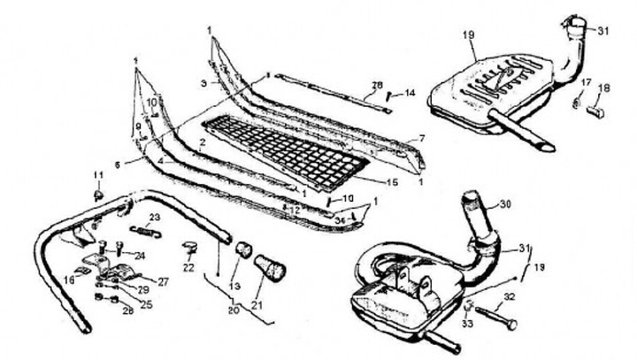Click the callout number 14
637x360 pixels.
[410, 93]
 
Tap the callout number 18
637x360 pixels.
[603, 88]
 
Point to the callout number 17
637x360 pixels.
[585, 82]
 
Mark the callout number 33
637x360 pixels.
[467, 325]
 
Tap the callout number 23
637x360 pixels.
[154, 217]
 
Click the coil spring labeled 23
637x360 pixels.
[146, 231]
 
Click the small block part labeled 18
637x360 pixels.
[595, 111]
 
